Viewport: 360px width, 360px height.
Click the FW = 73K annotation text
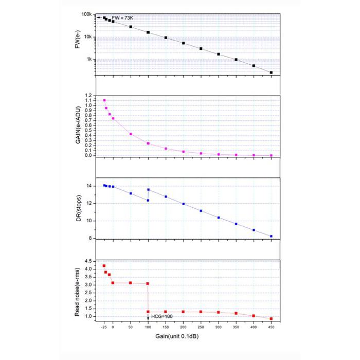tap(122, 18)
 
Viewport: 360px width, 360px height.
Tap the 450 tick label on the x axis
tap(271, 327)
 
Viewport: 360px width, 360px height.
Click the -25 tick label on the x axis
tap(103, 327)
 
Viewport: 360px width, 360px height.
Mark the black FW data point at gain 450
tap(271, 73)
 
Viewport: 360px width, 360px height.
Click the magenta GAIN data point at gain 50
tap(131, 134)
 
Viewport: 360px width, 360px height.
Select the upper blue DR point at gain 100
tap(148, 190)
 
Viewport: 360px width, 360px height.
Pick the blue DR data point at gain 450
tap(271, 236)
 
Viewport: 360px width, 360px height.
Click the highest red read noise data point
tap(104, 266)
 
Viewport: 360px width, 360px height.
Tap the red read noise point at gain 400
tap(254, 316)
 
